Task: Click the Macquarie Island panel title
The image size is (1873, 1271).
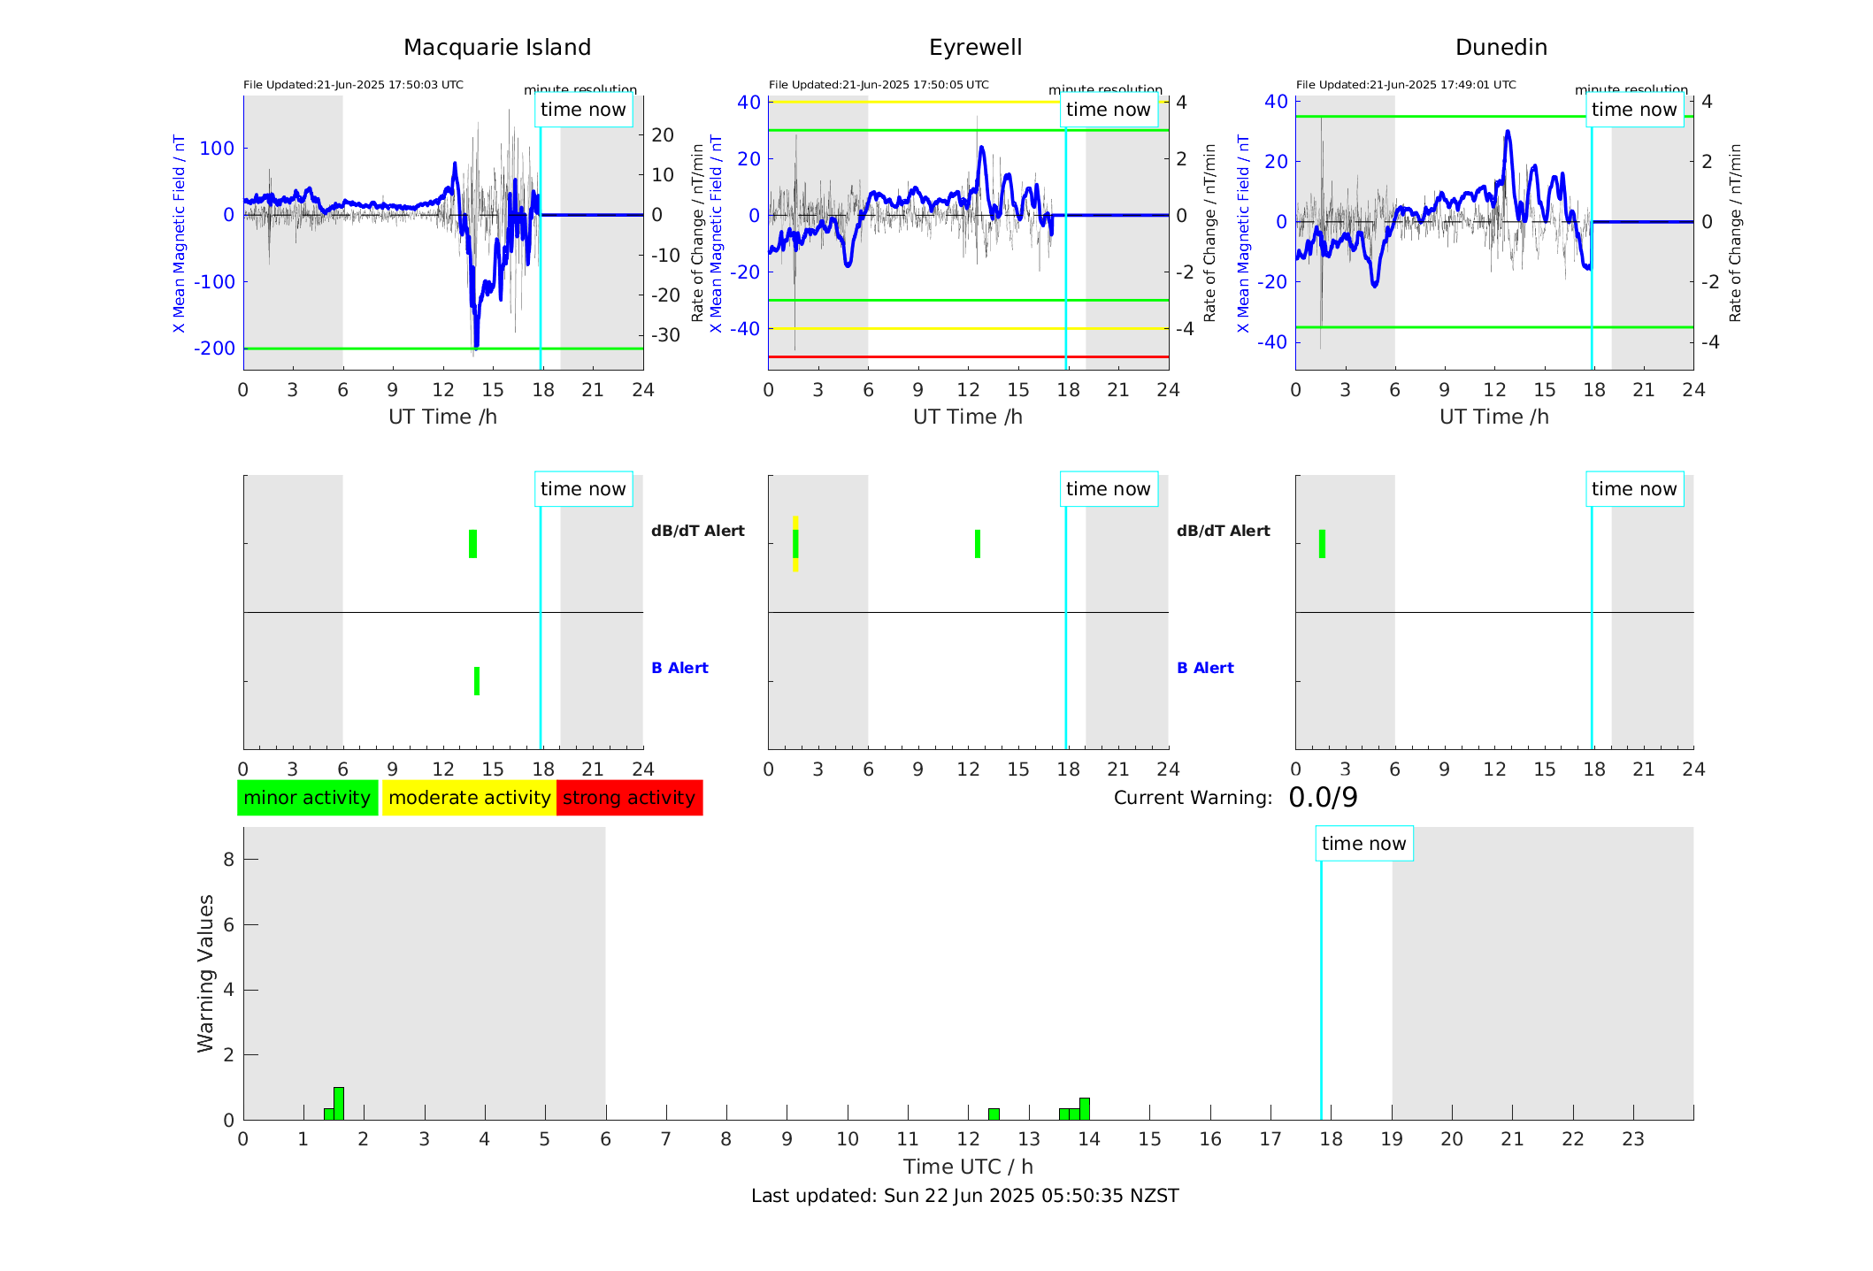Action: pyautogui.click(x=496, y=48)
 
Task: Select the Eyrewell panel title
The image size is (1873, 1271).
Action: pyautogui.click(x=975, y=48)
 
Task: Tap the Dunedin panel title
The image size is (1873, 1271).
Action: pyautogui.click(x=1501, y=48)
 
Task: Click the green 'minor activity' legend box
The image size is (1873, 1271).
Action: pyautogui.click(x=307, y=798)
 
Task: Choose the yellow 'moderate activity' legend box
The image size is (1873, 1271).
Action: pyautogui.click(x=469, y=798)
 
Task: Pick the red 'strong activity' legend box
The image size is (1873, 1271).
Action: pyautogui.click(x=629, y=798)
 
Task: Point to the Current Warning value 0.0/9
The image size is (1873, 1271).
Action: pyautogui.click(x=1323, y=798)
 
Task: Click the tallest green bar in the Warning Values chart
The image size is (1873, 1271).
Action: pyautogui.click(x=339, y=1104)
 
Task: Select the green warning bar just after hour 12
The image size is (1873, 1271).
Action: pyautogui.click(x=994, y=1114)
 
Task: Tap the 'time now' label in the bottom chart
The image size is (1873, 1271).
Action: pyautogui.click(x=1363, y=844)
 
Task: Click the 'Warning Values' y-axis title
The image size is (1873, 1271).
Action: pyautogui.click(x=206, y=973)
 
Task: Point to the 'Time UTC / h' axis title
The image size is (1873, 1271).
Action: pyautogui.click(x=968, y=1167)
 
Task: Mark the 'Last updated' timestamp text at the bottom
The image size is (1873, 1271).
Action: pyautogui.click(x=964, y=1196)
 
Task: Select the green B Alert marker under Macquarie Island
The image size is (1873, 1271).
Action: pyautogui.click(x=477, y=681)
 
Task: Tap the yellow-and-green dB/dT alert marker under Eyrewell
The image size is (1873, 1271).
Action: pyautogui.click(x=795, y=544)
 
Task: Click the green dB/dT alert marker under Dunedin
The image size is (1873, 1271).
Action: pyautogui.click(x=1322, y=544)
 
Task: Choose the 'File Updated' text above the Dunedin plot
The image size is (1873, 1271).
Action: pyautogui.click(x=1406, y=85)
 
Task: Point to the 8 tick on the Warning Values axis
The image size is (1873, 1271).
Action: pyautogui.click(x=228, y=859)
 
